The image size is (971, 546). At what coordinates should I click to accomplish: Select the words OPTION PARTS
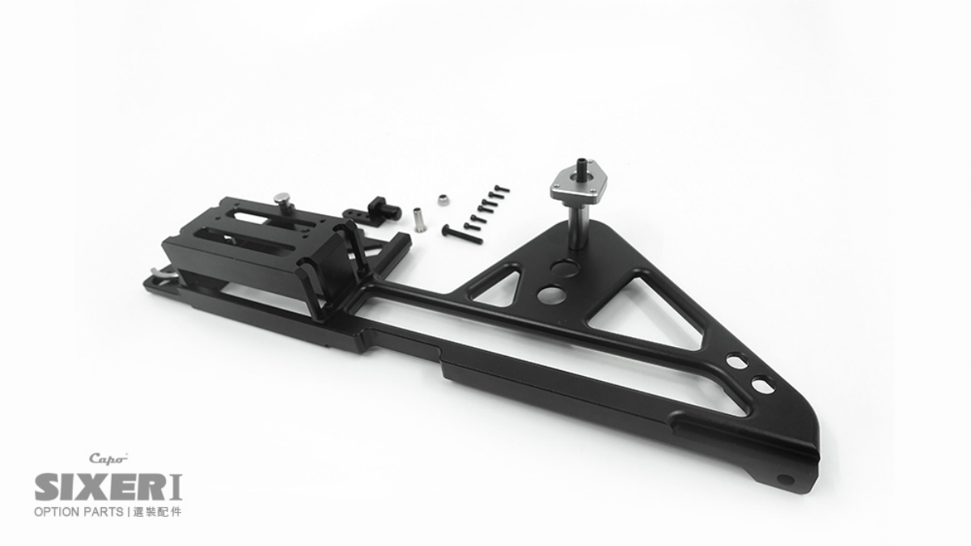click(78, 512)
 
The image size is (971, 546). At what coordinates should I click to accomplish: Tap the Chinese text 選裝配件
click(157, 512)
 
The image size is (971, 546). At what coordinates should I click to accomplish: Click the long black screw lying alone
click(462, 234)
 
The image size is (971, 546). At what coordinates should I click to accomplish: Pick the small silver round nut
click(443, 200)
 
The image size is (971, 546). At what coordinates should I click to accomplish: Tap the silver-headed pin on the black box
click(283, 202)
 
